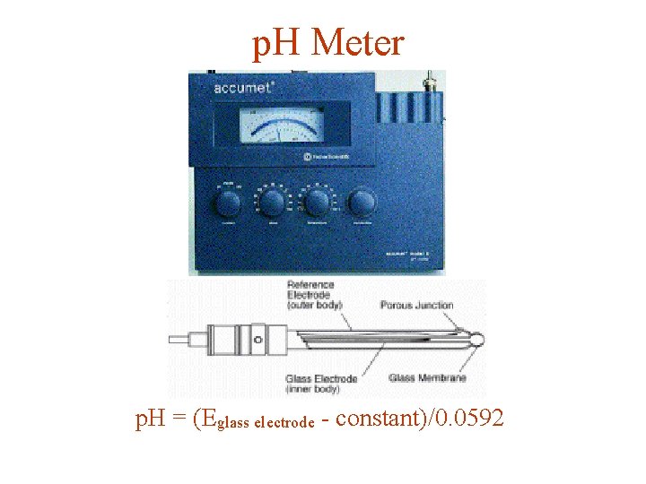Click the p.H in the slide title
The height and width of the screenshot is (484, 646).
[x=274, y=42]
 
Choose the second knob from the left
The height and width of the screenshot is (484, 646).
[x=273, y=202]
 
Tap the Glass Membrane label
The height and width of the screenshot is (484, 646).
[x=427, y=378]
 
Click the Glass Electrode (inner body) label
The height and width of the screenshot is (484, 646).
[x=321, y=383]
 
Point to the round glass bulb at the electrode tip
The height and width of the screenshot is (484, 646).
[x=476, y=341]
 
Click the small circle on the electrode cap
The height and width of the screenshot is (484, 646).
[x=258, y=340]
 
